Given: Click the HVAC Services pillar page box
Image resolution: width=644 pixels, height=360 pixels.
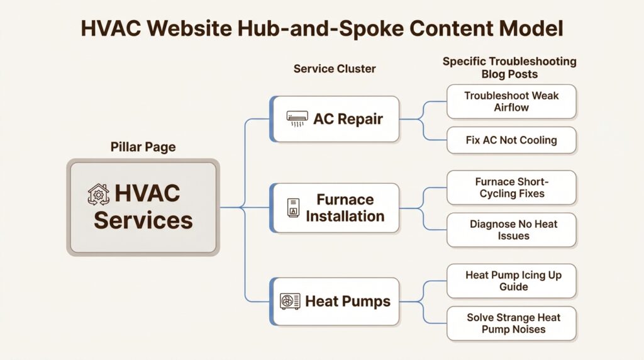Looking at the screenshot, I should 143,207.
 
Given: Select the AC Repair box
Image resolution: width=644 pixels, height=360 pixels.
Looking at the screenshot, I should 335,119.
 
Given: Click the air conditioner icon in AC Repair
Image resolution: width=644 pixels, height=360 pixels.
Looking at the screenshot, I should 297,119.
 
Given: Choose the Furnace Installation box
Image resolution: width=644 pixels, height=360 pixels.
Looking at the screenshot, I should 335,208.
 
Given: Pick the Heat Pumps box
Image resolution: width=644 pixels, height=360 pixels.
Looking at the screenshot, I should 335,301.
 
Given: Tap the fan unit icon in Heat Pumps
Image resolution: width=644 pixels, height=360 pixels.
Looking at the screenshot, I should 291,301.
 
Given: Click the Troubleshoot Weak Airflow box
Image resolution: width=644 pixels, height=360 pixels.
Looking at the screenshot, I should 511,101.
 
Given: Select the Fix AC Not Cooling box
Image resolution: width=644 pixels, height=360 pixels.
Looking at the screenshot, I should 511,140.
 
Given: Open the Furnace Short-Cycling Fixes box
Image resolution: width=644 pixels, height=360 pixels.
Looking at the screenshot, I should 511,188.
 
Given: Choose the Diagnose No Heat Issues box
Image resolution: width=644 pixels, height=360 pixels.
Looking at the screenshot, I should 511,230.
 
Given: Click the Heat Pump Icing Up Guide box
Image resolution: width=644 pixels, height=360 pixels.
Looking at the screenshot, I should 511,281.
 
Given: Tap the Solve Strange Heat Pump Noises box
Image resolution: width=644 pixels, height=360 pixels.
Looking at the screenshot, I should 511,323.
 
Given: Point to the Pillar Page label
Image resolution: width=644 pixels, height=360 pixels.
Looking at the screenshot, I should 143,147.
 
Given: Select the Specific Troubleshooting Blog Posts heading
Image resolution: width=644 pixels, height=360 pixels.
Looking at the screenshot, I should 509,67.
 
